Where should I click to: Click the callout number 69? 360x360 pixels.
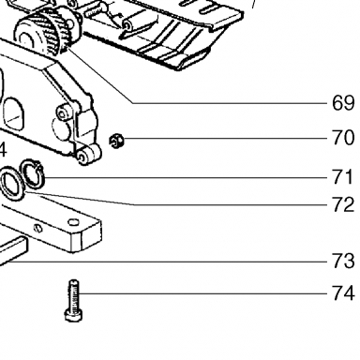pos(343,103)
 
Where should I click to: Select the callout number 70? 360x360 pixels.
pos(343,138)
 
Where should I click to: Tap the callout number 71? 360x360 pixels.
pos(342,177)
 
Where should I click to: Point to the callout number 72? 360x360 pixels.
pos(343,204)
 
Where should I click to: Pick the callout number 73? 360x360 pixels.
pos(343,261)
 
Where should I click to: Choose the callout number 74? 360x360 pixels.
pos(343,293)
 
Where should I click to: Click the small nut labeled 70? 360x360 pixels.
pos(116,141)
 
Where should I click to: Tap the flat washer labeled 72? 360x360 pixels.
pos(13,185)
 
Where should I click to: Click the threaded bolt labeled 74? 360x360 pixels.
pos(74,300)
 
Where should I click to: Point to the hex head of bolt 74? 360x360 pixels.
pos(74,314)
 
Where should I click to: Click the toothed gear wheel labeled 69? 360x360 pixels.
pos(47,31)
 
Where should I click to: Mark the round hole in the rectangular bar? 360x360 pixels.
pos(73,222)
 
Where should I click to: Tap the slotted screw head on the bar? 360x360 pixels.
pos(38,228)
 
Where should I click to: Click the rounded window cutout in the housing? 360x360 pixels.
pos(13,114)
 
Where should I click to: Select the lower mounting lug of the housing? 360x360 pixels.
pos(88,155)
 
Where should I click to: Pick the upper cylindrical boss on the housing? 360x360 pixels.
pos(64,112)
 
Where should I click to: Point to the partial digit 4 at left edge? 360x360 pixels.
pos(3,150)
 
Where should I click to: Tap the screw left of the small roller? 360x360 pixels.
pos(96,11)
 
